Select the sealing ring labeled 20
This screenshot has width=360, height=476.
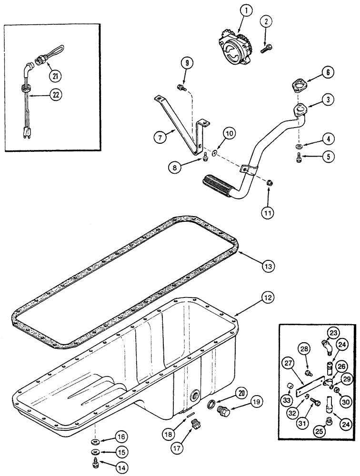210,405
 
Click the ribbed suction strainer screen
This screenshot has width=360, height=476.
217,182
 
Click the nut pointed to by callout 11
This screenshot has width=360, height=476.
269,182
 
